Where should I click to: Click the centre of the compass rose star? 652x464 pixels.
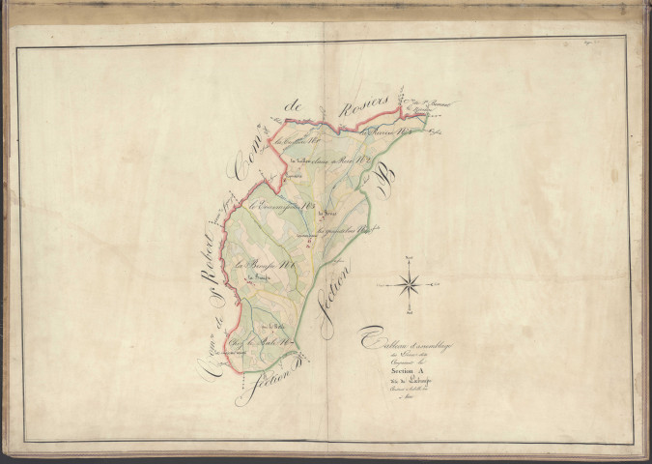(409, 284)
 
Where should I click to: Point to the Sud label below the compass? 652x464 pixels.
(409, 313)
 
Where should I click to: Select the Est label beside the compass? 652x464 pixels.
(438, 284)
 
